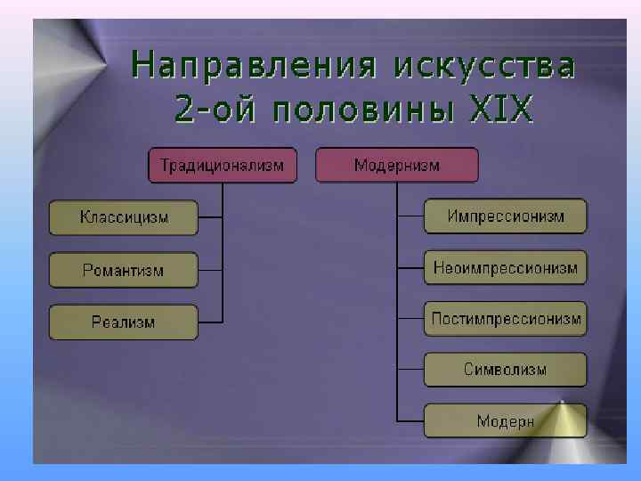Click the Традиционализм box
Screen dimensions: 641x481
222,165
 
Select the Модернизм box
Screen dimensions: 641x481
396,165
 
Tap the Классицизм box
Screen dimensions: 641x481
124,217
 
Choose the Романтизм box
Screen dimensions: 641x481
124,270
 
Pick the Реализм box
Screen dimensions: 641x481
124,322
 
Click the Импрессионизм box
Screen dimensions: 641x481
505,216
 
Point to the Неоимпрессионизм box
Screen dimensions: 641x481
505,267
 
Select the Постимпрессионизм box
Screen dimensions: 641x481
505,319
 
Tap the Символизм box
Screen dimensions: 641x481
505,370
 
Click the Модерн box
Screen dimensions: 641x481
505,420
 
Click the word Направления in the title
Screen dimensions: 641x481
247,67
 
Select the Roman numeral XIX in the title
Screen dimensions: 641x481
501,111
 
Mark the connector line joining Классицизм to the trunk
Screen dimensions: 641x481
210,217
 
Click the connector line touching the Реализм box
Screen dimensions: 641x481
210,322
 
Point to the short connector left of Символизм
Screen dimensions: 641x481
410,370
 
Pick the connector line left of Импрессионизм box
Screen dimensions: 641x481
410,216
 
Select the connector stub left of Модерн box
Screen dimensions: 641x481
410,420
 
